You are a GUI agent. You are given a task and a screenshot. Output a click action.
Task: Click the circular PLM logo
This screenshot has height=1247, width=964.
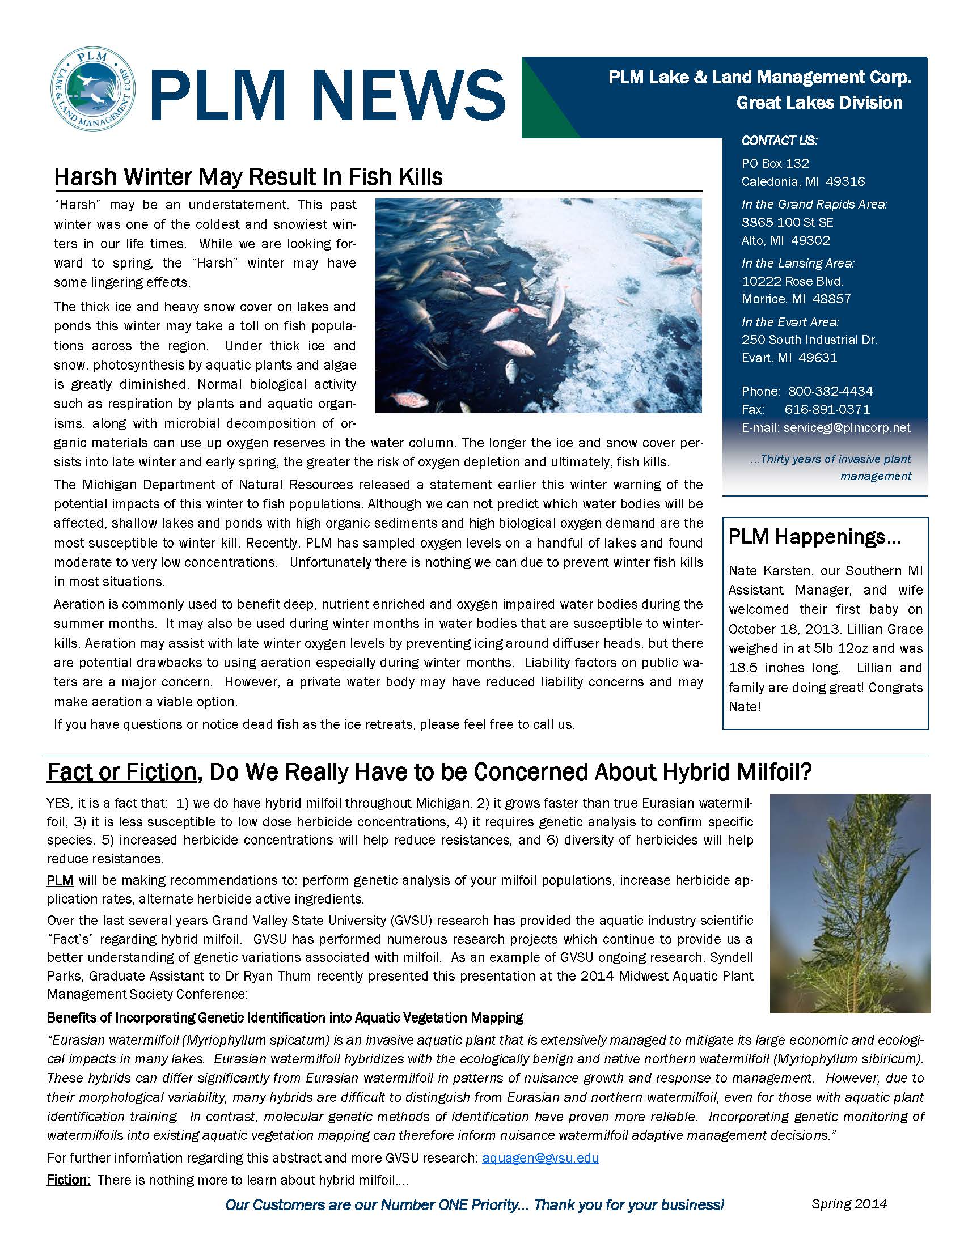(x=92, y=90)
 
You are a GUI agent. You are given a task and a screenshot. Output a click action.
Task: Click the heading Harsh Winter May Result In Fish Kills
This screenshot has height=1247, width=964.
(x=248, y=177)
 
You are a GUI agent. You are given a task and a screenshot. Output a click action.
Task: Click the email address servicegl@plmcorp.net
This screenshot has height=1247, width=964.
(x=847, y=427)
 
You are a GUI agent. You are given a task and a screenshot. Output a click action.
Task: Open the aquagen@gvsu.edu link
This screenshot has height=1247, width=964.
(x=540, y=1158)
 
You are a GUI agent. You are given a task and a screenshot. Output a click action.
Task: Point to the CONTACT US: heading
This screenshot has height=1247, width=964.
(x=779, y=141)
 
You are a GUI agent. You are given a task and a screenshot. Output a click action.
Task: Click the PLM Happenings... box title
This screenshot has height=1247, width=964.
(x=814, y=537)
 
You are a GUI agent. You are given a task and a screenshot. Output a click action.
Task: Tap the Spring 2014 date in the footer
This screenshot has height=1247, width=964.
(x=849, y=1203)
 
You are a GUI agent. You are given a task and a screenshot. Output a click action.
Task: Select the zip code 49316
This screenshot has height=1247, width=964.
(x=845, y=181)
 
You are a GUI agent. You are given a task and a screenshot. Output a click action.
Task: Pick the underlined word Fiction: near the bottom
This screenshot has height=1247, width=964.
(x=69, y=1180)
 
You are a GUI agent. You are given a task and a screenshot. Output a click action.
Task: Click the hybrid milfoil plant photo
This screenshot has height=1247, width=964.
(x=850, y=904)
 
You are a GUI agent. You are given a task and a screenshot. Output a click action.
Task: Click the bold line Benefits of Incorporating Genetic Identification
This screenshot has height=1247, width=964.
(x=285, y=1017)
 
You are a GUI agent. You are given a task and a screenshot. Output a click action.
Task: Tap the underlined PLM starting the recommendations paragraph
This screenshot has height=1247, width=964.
(x=60, y=880)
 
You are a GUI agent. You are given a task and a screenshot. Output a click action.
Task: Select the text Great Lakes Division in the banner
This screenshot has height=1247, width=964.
(x=819, y=103)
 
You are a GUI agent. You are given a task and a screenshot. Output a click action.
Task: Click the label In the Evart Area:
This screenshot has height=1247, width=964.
(x=790, y=322)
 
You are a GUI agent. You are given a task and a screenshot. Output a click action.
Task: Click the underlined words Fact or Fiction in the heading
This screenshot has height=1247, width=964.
(x=122, y=772)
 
